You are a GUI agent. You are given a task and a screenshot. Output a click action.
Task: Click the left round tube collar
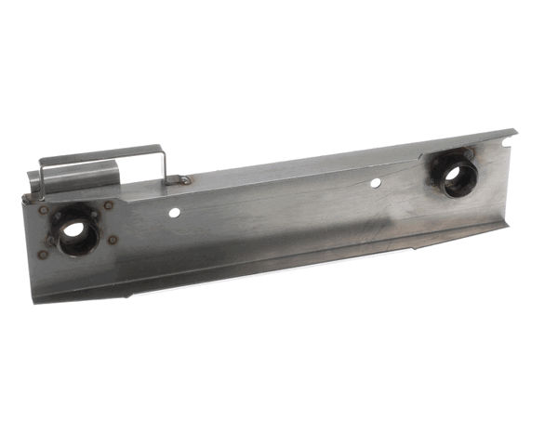click(x=74, y=230)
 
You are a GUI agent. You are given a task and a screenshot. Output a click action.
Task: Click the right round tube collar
click(x=456, y=173)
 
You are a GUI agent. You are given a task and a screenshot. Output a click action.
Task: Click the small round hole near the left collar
click(x=174, y=213)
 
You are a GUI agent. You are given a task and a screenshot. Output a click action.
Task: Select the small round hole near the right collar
click(x=375, y=183)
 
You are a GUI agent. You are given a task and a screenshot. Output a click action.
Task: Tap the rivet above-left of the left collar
click(x=44, y=210)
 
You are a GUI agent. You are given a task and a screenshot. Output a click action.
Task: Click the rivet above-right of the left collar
click(x=109, y=205)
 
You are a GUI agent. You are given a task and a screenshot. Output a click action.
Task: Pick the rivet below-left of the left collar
click(x=43, y=254)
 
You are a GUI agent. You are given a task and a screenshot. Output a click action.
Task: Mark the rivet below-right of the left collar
click(x=113, y=240)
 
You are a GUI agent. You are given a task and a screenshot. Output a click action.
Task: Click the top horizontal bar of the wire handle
click(x=102, y=150)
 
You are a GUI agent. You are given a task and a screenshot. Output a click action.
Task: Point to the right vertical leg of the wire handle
click(x=165, y=164)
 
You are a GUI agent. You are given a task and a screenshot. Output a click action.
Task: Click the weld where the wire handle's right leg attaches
click(x=184, y=180)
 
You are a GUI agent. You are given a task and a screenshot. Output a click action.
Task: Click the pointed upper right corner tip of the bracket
click(x=514, y=131)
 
